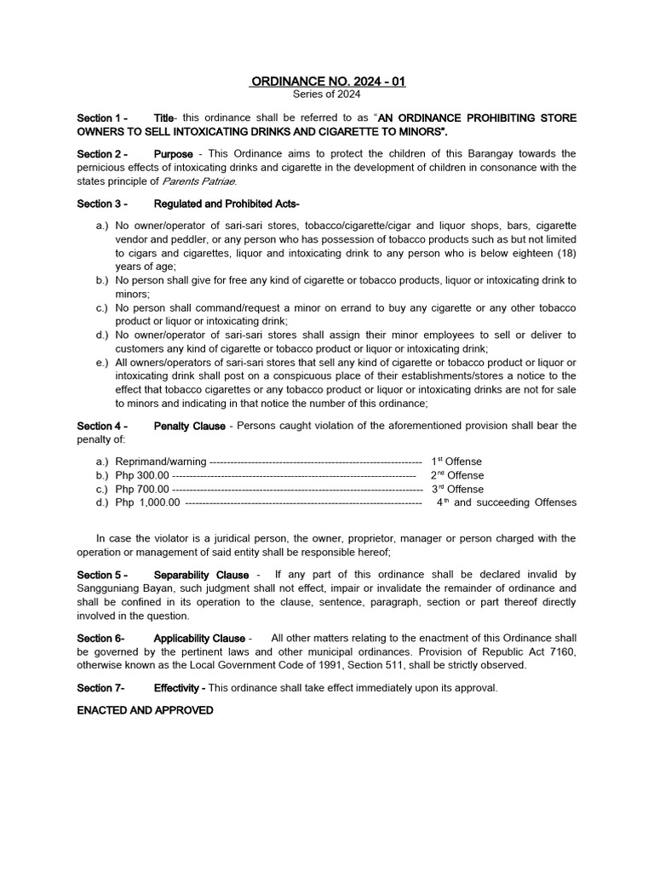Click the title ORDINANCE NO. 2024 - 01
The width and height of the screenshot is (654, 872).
tap(327, 82)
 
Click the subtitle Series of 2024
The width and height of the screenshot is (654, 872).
tap(327, 95)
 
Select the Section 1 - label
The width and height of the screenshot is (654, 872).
tap(102, 118)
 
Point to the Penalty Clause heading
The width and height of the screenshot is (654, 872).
tap(189, 426)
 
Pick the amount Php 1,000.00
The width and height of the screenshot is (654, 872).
tap(147, 503)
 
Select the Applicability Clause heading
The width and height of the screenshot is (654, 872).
tap(200, 639)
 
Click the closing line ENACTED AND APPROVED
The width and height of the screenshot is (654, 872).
tap(145, 710)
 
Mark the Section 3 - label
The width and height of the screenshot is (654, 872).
tap(102, 204)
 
